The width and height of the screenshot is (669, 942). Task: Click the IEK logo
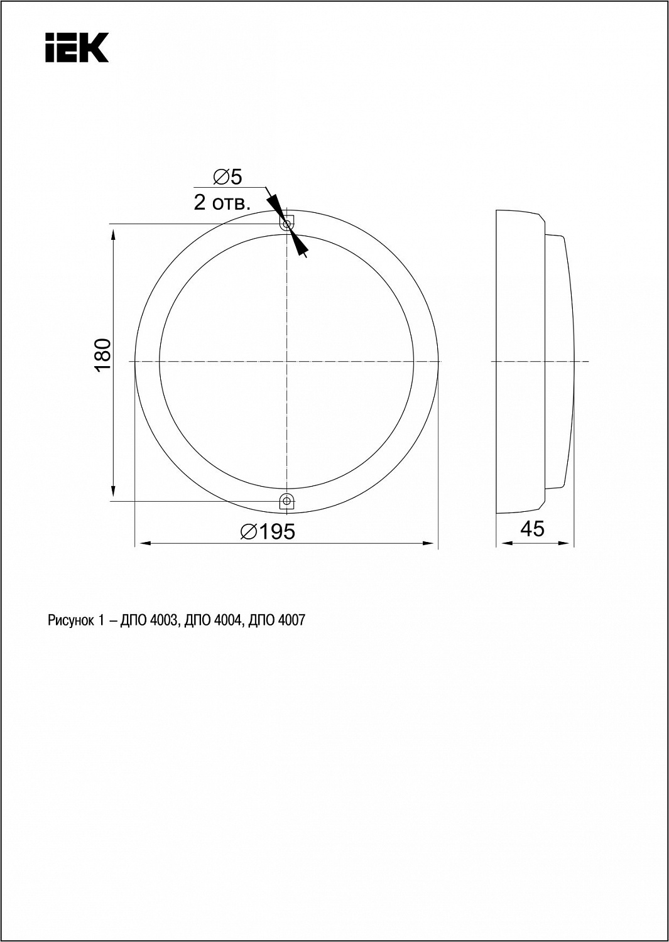point(77,48)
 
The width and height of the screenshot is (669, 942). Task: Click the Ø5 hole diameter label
point(227,177)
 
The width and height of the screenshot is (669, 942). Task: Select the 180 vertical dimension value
point(102,355)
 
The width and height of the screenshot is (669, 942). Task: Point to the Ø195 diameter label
point(268,532)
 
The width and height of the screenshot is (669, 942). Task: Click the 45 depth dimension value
point(532,529)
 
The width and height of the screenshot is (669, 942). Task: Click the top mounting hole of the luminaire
point(286,224)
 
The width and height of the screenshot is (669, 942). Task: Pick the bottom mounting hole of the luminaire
point(286,501)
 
